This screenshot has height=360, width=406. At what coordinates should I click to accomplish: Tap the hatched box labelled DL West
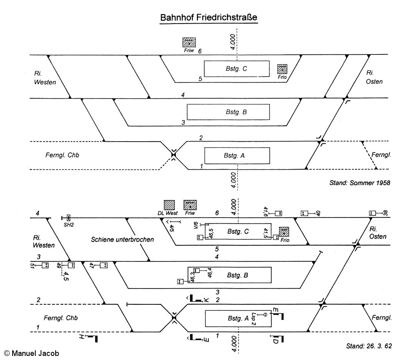(x=169, y=205)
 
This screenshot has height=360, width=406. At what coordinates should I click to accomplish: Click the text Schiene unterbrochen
(x=122, y=239)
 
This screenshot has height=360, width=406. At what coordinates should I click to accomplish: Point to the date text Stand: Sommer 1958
(x=360, y=183)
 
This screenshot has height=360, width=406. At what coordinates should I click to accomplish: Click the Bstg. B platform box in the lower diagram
(x=230, y=276)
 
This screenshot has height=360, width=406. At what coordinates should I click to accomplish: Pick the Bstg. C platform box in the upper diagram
(x=236, y=69)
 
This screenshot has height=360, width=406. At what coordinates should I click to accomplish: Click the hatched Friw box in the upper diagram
(x=189, y=43)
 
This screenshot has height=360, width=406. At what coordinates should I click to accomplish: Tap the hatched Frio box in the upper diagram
(x=282, y=69)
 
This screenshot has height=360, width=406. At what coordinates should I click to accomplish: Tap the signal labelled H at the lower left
(x=82, y=337)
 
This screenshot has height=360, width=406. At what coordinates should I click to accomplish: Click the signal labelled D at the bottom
(x=275, y=340)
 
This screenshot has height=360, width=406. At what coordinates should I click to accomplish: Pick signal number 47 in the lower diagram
(x=91, y=265)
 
